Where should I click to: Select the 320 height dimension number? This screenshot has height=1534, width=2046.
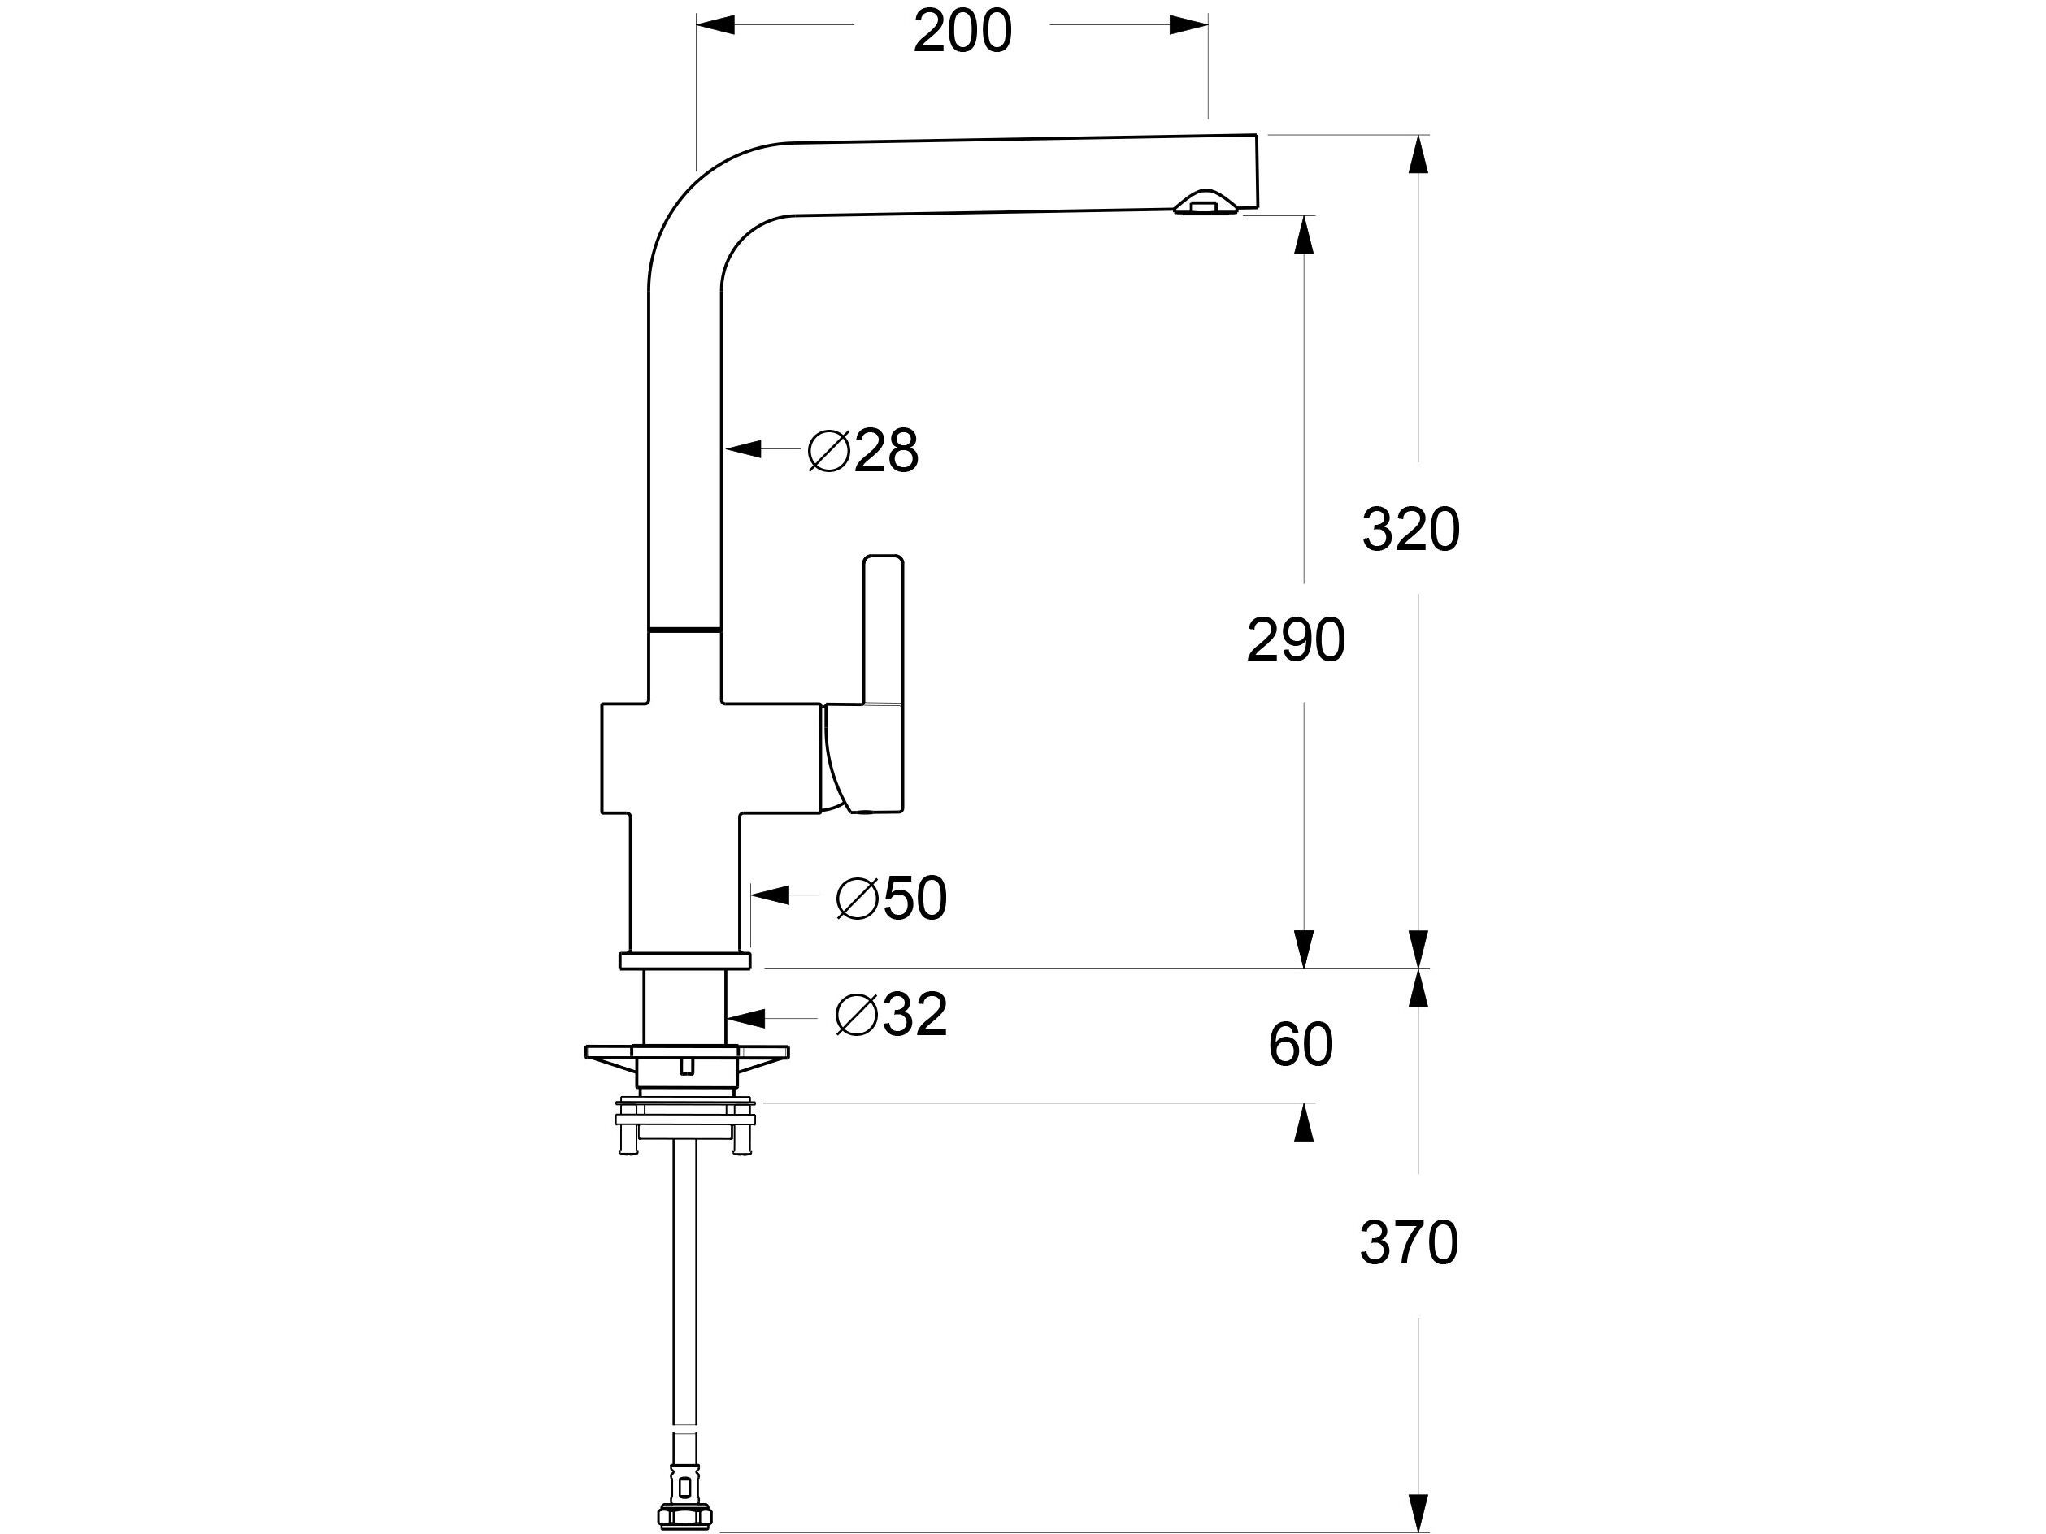(x=1410, y=531)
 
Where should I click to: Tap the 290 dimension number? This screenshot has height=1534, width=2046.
(x=1295, y=640)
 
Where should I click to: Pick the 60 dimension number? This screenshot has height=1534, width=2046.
(x=1300, y=1045)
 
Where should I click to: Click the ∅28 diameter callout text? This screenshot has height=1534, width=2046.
(x=863, y=451)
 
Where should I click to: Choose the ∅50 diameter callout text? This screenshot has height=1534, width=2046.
(x=892, y=898)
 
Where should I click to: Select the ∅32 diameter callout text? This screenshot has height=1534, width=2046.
(x=891, y=1016)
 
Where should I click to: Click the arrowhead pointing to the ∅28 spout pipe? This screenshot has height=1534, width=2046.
(x=743, y=449)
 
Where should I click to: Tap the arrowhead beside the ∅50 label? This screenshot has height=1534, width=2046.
(x=770, y=895)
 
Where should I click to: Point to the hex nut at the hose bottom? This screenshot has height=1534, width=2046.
(x=684, y=1515)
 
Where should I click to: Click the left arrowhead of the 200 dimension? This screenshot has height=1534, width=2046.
(x=715, y=25)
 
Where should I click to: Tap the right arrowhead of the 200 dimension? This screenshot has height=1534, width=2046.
(x=1188, y=25)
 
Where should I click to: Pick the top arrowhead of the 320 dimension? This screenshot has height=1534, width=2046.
(x=1418, y=154)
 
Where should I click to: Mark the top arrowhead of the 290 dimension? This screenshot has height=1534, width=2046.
(x=1304, y=235)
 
